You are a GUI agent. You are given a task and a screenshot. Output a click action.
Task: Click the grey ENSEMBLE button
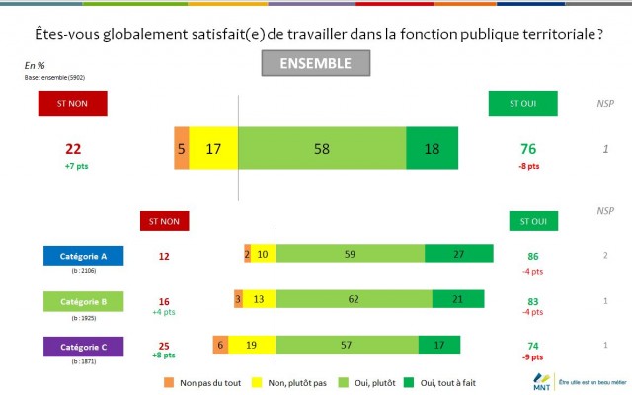click(x=315, y=63)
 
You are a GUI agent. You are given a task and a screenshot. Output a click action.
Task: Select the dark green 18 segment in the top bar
click(x=432, y=149)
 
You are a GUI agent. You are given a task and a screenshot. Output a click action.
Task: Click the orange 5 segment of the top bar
click(x=181, y=149)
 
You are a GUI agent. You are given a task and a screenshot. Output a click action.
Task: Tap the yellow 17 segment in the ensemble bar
click(x=213, y=149)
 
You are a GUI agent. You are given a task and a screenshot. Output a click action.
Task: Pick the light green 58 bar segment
click(x=322, y=149)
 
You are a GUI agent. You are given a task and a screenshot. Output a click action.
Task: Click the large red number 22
click(x=72, y=148)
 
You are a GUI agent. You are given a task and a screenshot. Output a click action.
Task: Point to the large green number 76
click(x=529, y=148)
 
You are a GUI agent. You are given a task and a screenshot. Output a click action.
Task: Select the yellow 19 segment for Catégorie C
click(x=251, y=345)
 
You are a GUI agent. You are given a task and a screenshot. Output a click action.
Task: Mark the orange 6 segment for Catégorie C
click(x=220, y=345)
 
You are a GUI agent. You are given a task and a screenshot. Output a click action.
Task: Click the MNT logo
click(x=541, y=380)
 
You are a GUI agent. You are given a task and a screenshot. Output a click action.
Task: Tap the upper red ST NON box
click(x=72, y=103)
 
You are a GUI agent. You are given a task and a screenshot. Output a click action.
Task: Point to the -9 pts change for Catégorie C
click(x=533, y=355)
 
